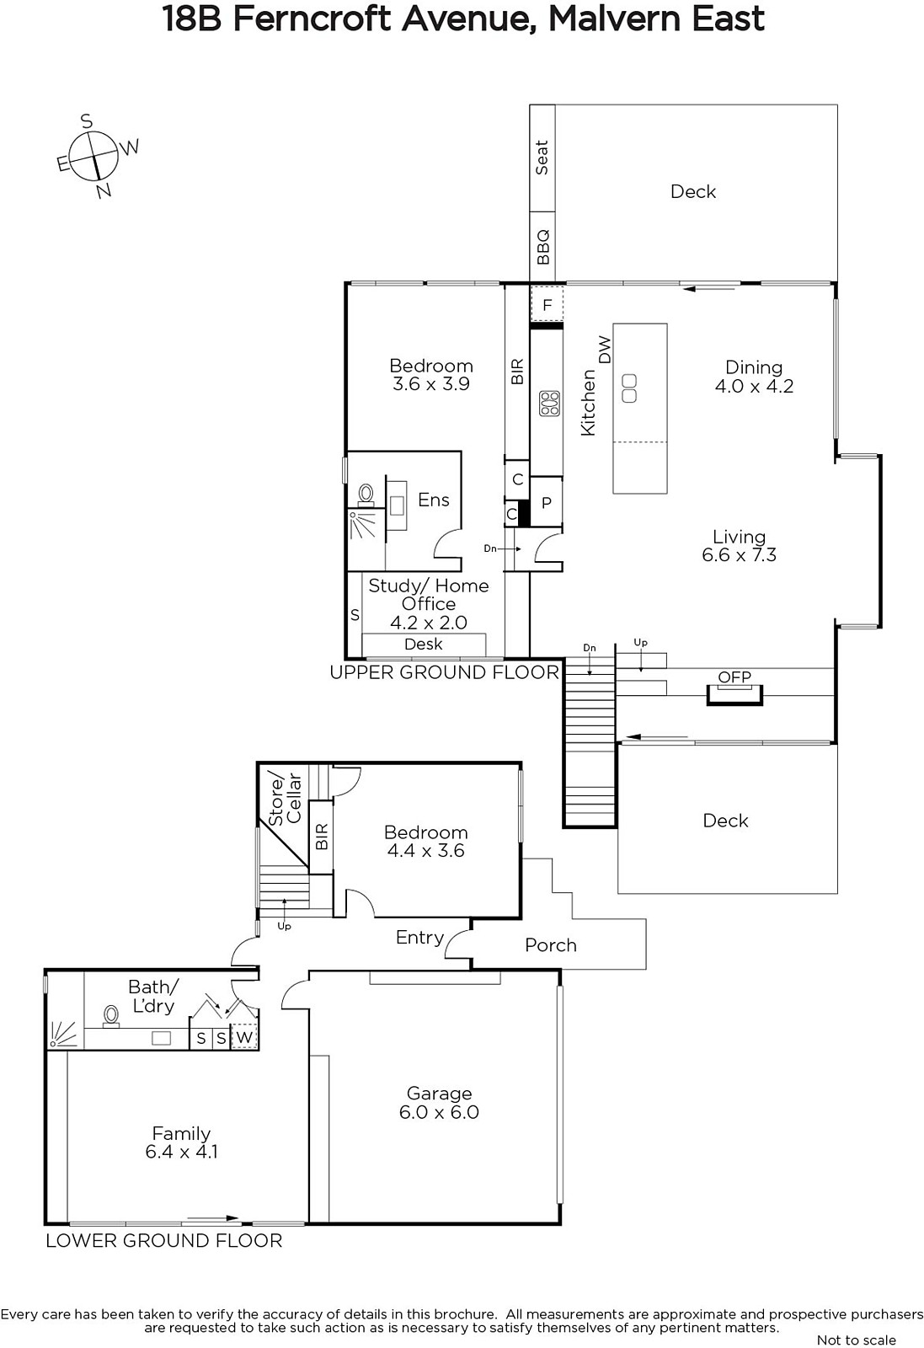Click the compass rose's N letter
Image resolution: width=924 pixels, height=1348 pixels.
pyautogui.click(x=104, y=190)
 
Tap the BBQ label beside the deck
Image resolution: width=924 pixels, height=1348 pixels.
pyautogui.click(x=542, y=247)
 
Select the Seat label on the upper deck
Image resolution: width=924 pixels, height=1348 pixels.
pyautogui.click(x=542, y=158)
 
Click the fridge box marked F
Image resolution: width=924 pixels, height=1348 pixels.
pyautogui.click(x=547, y=304)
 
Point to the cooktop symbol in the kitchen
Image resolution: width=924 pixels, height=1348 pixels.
pyautogui.click(x=550, y=404)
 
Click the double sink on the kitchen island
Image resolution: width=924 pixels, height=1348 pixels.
pyautogui.click(x=629, y=388)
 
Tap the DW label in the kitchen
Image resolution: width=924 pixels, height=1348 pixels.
pyautogui.click(x=605, y=350)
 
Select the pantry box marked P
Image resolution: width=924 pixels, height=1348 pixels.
pyautogui.click(x=546, y=502)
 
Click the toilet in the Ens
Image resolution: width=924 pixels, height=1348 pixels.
pyautogui.click(x=366, y=495)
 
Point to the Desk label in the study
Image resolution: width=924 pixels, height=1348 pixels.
pyautogui.click(x=424, y=644)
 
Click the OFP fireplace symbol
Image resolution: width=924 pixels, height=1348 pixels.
pyautogui.click(x=734, y=692)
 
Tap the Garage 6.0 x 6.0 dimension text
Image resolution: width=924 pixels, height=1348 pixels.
pyautogui.click(x=439, y=1111)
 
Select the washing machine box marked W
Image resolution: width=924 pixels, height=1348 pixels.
pyautogui.click(x=244, y=1037)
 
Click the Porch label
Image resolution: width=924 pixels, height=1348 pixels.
pyautogui.click(x=551, y=944)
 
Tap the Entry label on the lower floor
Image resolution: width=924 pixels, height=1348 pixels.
pyautogui.click(x=420, y=938)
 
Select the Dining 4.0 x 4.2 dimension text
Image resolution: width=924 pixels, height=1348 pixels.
pyautogui.click(x=755, y=386)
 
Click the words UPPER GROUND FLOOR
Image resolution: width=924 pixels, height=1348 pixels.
pyautogui.click(x=445, y=672)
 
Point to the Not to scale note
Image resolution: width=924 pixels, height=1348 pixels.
pyautogui.click(x=857, y=1340)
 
